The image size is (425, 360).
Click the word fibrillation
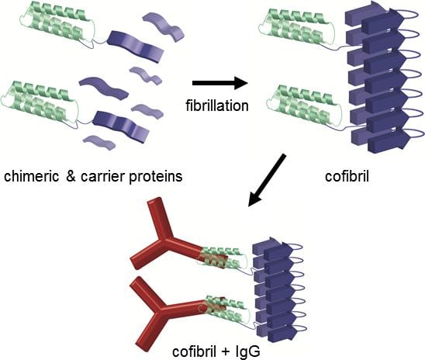pyautogui.click(x=217, y=106)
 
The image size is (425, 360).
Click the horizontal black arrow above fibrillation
pyautogui.click(x=220, y=83)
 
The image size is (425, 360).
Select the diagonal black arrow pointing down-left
pyautogui.click(x=267, y=180)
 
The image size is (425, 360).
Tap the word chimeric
pyautogui.click(x=32, y=176)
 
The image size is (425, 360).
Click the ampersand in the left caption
pyautogui.click(x=71, y=176)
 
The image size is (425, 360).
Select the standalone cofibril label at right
pyautogui.click(x=347, y=176)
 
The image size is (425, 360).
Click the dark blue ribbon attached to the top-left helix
pyautogui.click(x=135, y=46)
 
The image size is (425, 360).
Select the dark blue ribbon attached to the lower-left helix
pyautogui.click(x=121, y=126)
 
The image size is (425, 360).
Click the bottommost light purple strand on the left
pyautogui.click(x=99, y=142)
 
